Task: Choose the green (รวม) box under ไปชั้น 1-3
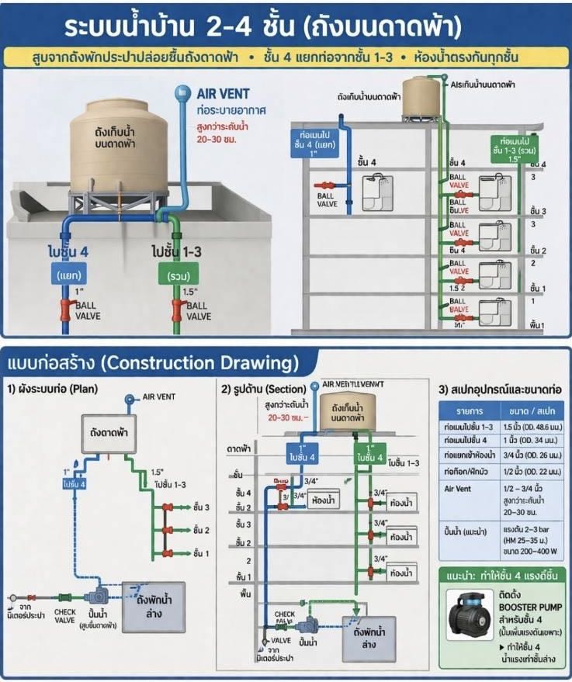178,275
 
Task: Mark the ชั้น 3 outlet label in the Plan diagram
203,507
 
